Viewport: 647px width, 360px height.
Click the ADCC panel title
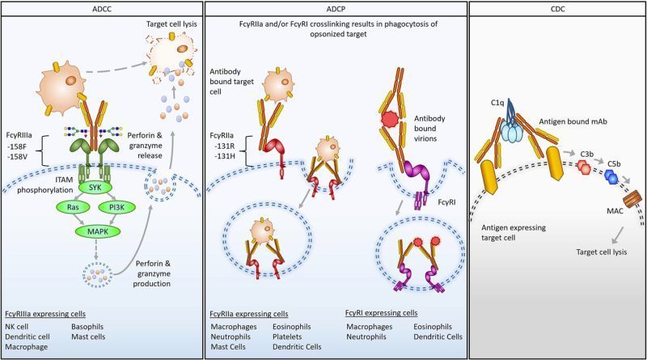(x=101, y=8)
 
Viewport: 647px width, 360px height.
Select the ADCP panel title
(x=335, y=8)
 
